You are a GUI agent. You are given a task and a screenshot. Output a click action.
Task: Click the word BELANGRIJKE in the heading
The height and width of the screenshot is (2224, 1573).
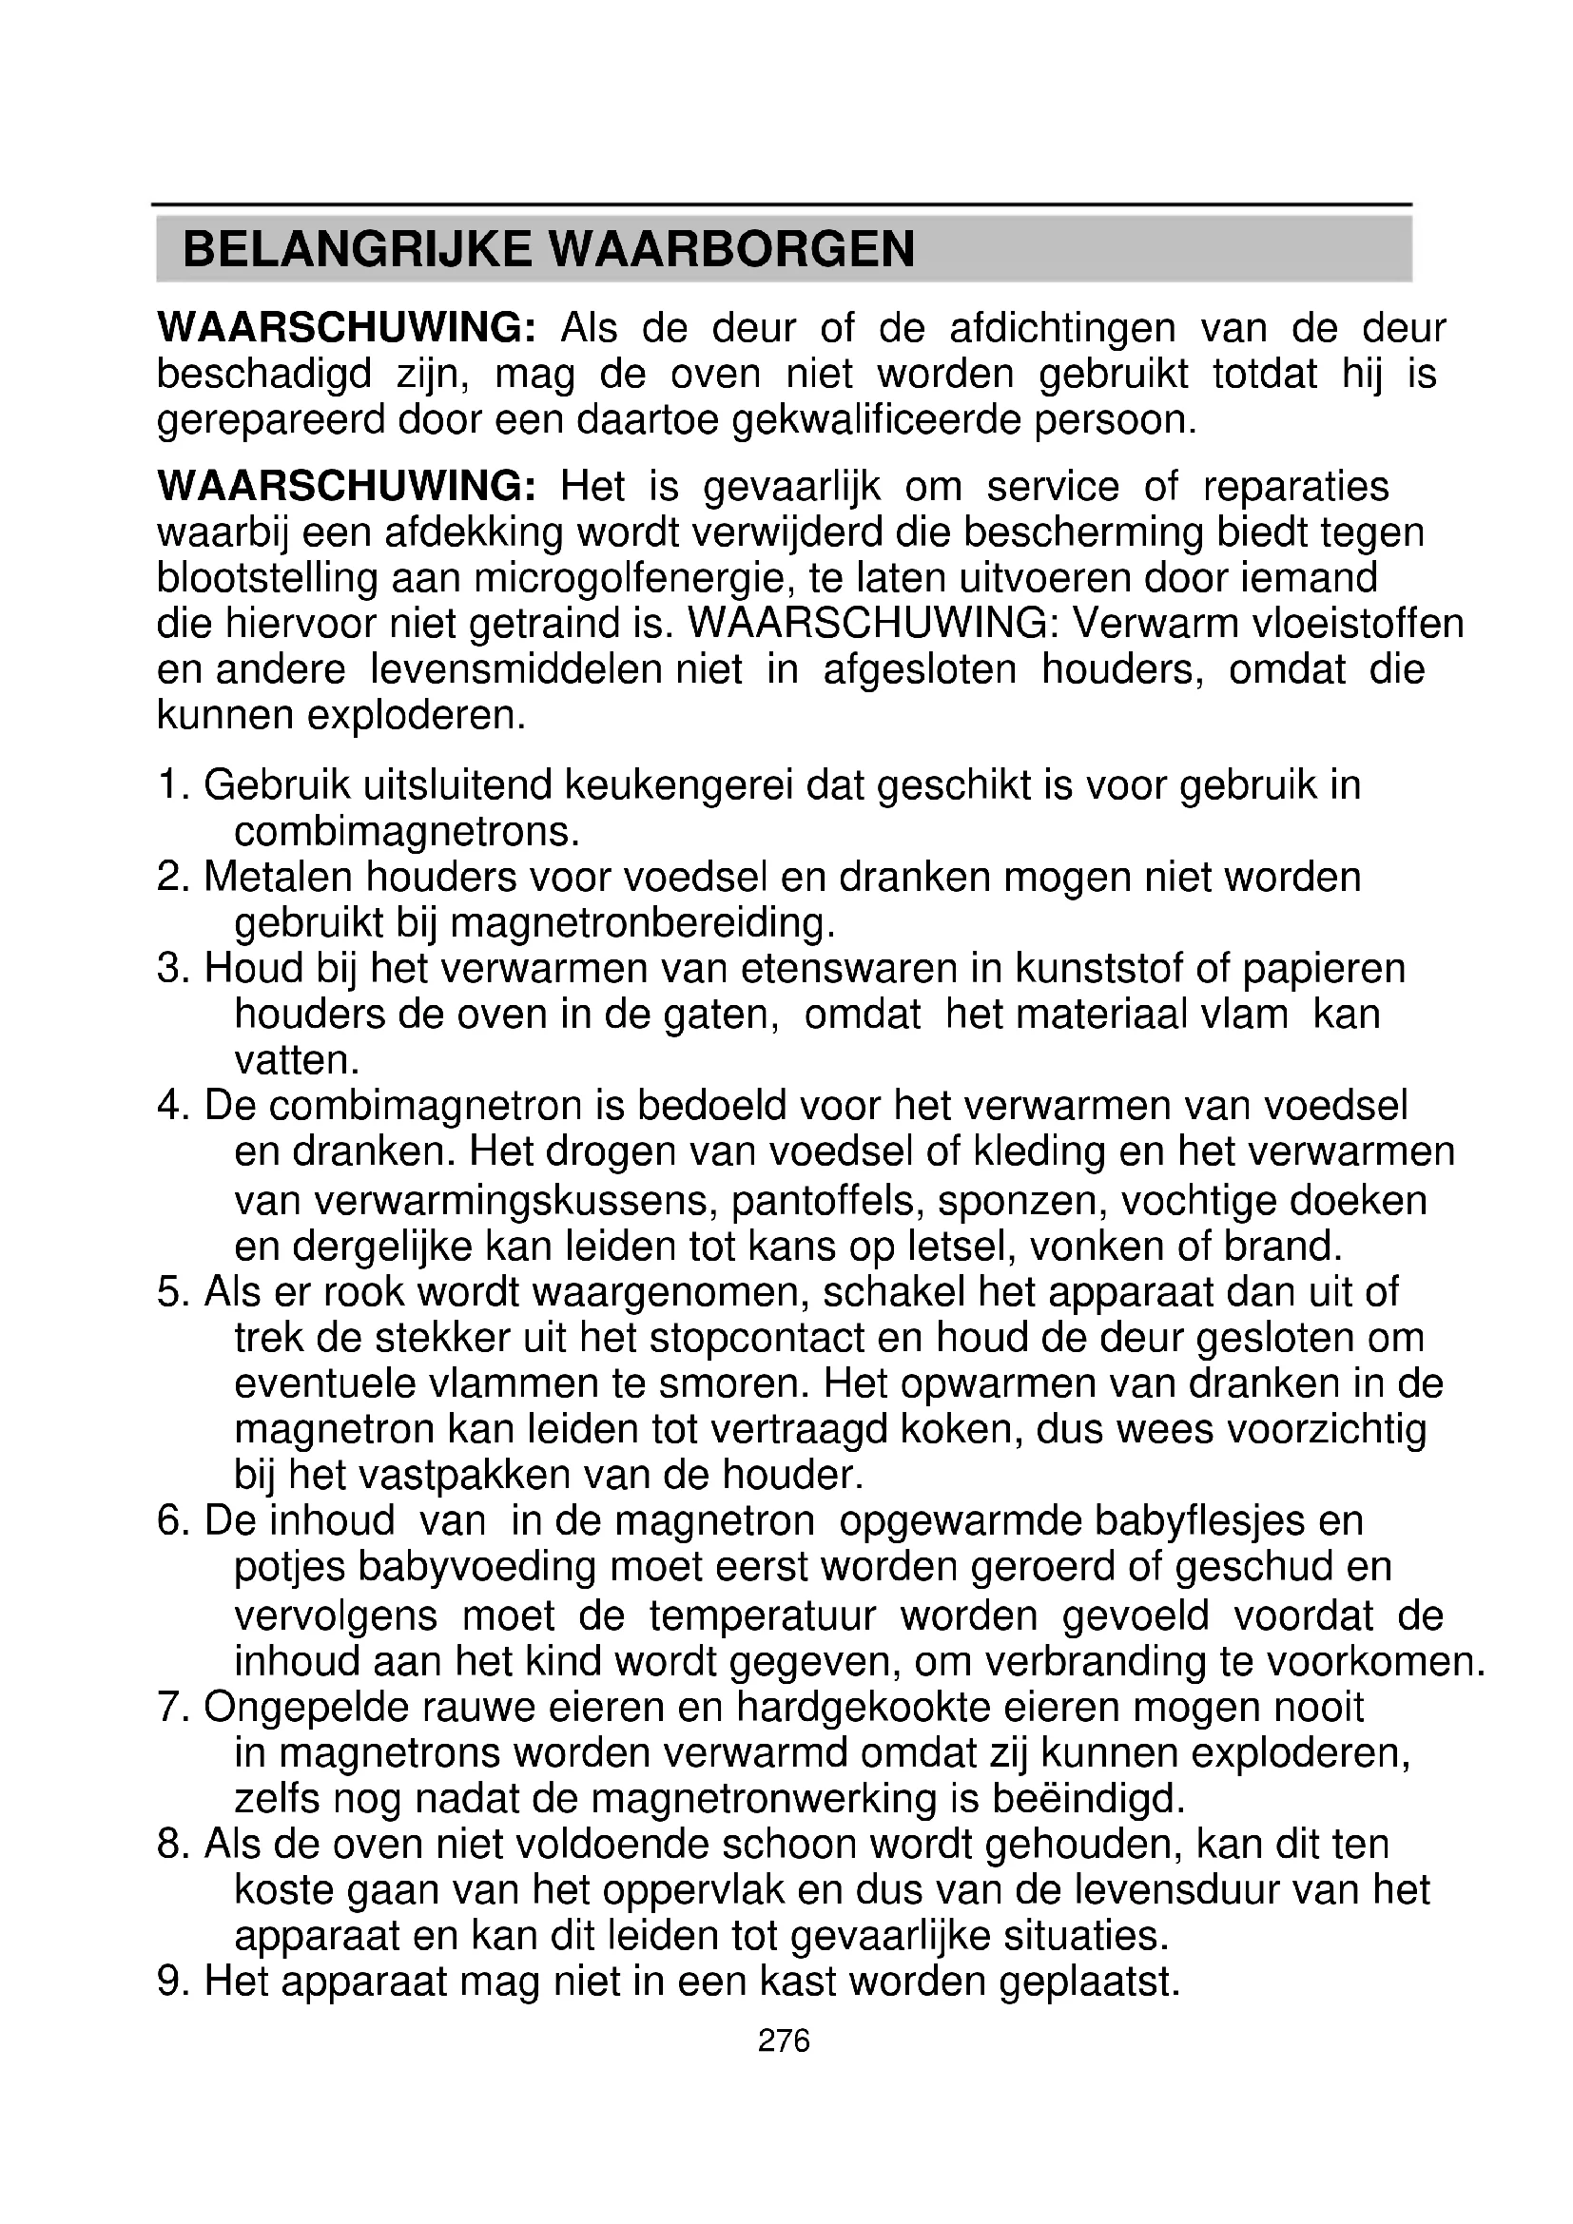pos(357,249)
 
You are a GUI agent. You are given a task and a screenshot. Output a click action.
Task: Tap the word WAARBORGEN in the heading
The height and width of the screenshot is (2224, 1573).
pos(732,249)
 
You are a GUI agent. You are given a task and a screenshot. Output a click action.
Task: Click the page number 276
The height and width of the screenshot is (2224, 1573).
pos(784,2040)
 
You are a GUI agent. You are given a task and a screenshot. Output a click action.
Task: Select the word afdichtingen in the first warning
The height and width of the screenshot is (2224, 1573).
pos(1061,328)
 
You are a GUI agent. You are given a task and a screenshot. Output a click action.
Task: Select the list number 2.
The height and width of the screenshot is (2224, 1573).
pos(170,877)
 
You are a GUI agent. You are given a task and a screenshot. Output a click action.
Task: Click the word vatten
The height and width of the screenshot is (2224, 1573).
pos(297,1061)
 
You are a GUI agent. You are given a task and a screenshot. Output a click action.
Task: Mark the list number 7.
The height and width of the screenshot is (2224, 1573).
pos(170,1707)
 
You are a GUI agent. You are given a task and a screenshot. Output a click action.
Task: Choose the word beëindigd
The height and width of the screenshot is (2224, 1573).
pos(1089,1799)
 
